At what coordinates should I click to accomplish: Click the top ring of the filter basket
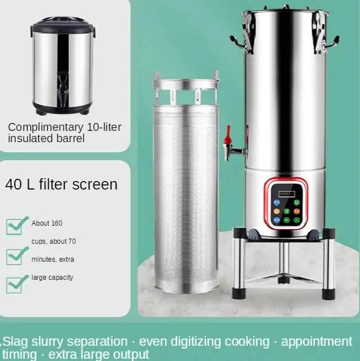[x=185, y=84]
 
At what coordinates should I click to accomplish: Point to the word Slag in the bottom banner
[x=16, y=342]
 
